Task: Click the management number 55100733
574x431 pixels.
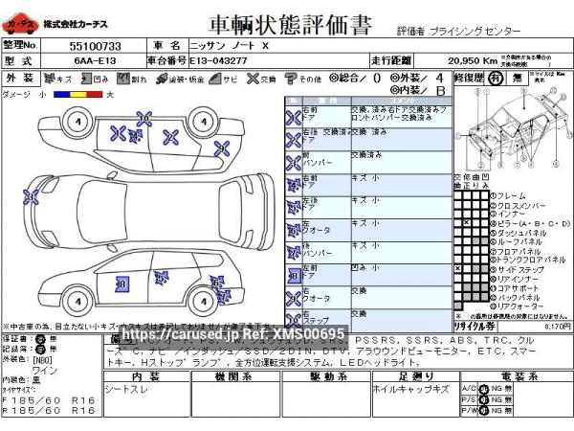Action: (x=95, y=45)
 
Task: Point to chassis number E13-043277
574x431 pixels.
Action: (x=220, y=59)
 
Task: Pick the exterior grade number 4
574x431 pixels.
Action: (x=439, y=77)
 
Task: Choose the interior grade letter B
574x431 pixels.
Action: (x=440, y=90)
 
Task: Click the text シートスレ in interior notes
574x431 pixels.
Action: (x=127, y=389)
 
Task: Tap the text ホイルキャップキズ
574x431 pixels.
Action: (x=411, y=389)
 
